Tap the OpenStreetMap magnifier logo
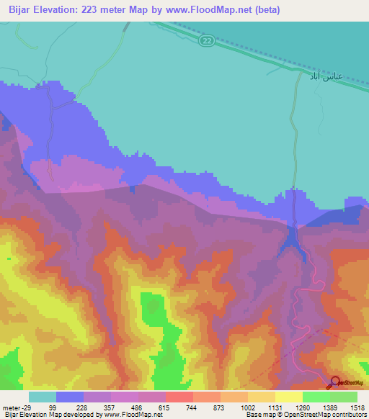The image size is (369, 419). tap(336, 382)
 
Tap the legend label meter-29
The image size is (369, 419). tap(17, 407)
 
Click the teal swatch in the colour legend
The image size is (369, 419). tap(43, 397)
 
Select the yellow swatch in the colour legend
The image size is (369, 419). tap(288, 397)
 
